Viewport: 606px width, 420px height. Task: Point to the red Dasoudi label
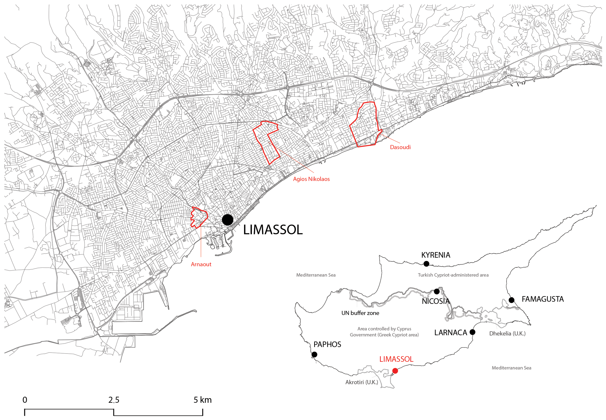400,147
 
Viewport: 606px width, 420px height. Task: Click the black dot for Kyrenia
426,264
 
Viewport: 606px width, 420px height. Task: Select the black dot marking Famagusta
511,300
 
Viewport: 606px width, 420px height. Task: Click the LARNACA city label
451,333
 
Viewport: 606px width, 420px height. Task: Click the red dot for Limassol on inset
395,371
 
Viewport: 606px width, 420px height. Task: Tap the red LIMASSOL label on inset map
396,359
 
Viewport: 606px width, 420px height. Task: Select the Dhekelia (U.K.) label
507,333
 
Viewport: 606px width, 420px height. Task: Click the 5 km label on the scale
202,400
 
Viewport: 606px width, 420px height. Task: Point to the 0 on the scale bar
25,400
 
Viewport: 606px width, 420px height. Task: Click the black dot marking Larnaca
472,332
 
